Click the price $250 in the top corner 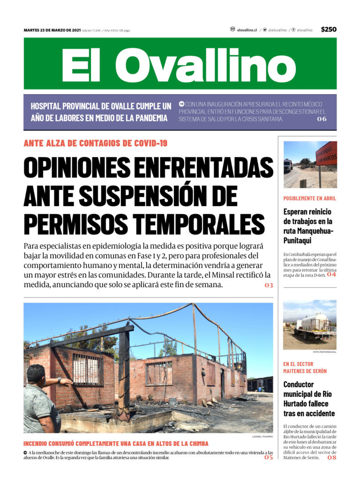pos(329,30)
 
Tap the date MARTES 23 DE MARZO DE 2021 pos(52,30)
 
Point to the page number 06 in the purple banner pos(322,119)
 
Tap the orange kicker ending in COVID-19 pos(95,143)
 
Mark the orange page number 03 pos(269,285)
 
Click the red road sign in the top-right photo pos(326,153)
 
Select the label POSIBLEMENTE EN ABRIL pos(310,198)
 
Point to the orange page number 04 pos(331,275)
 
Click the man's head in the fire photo pos(37,374)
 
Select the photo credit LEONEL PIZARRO pos(262,437)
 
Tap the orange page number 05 pos(268,457)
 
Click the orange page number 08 pos(331,457)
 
